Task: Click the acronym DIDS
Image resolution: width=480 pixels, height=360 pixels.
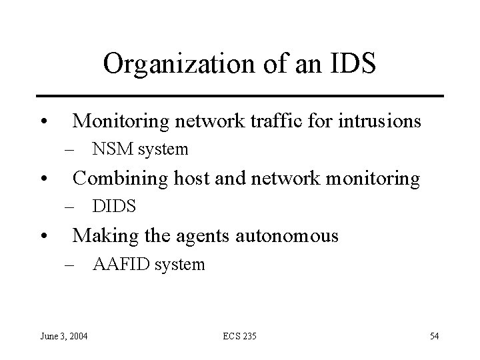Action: click(x=115, y=207)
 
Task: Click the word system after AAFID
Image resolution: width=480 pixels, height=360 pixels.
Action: click(x=179, y=265)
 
